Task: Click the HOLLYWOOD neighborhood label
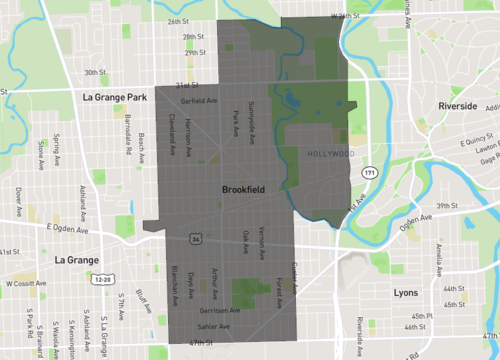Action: coord(329,154)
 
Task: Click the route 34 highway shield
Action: coord(196,239)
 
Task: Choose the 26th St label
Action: coord(179,21)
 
